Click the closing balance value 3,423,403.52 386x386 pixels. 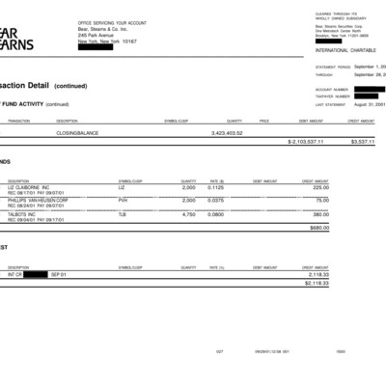pos(225,132)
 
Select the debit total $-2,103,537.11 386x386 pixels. pos(306,141)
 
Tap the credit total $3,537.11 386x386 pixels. pos(362,141)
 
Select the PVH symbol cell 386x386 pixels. pos(123,200)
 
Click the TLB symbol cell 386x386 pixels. pos(123,214)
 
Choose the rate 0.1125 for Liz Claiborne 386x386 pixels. pos(216,186)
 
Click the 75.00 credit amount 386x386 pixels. pos(348,200)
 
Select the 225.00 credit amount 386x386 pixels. pos(347,186)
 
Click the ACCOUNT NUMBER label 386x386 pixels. pos(330,89)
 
